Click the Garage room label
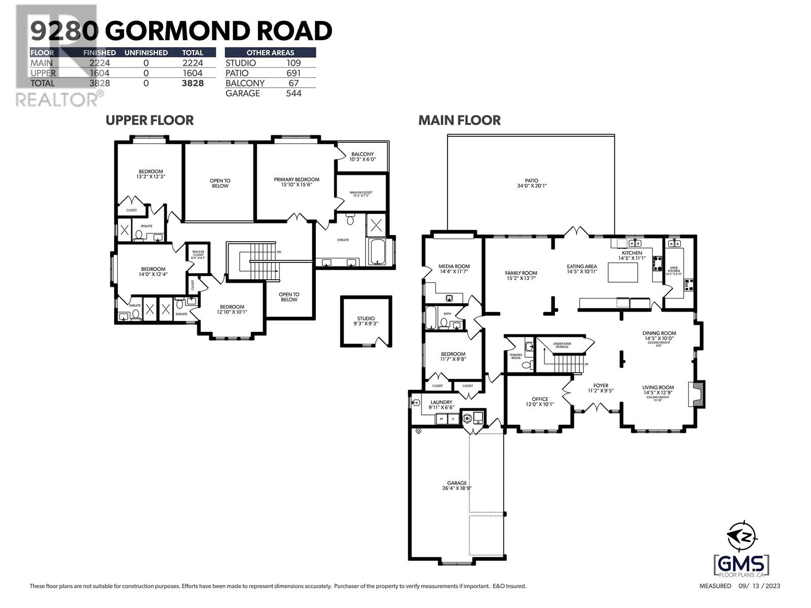457,485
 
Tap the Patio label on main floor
531,183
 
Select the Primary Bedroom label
297,182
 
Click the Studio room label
365,321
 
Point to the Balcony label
362,156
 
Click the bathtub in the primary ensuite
378,252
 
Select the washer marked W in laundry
441,419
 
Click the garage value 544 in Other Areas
293,93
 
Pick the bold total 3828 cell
193,83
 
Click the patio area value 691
293,73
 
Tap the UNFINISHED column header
146,53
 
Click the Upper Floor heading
150,120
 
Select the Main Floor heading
459,120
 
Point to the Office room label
540,401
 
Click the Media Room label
454,269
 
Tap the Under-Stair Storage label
562,345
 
